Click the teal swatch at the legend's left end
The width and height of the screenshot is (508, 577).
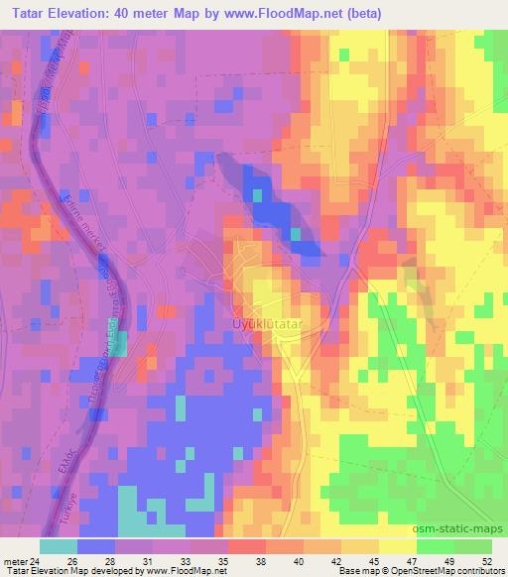point(59,546)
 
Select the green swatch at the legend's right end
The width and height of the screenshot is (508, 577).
point(473,546)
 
